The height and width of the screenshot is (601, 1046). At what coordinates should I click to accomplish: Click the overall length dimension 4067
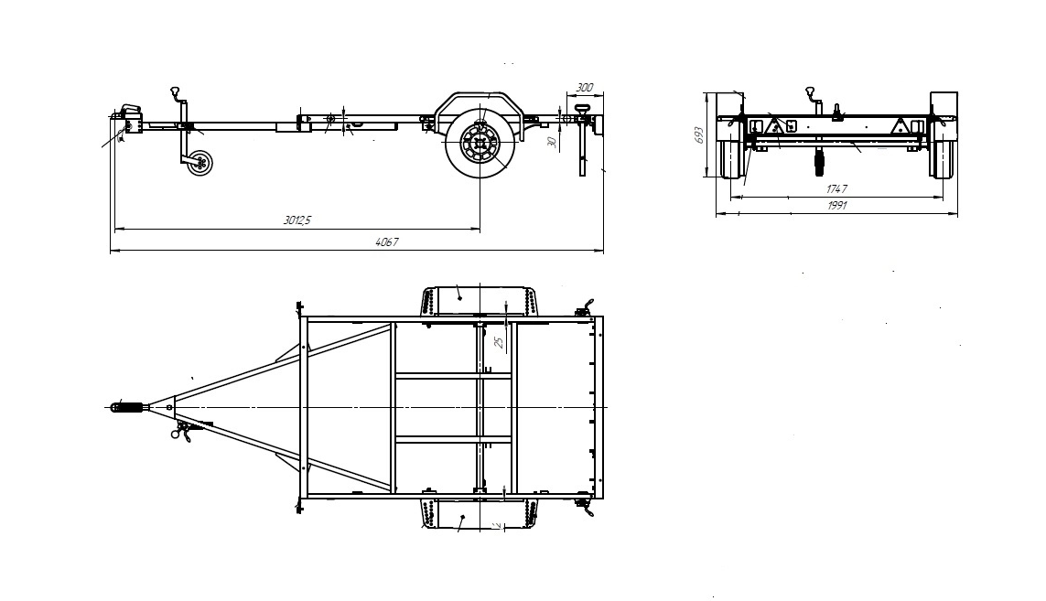point(387,242)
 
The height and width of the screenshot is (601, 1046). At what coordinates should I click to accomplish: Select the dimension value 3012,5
point(297,220)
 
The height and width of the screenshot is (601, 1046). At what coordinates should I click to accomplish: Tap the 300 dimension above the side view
point(584,88)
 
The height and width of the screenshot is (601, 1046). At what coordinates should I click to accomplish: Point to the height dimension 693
point(698,134)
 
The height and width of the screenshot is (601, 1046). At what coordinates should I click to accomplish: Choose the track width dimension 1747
point(836,189)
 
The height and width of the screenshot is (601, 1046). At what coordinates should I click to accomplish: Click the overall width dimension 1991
point(836,206)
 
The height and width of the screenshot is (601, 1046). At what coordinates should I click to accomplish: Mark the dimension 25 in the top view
point(499,342)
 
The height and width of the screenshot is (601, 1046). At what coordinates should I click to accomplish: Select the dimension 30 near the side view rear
point(551,142)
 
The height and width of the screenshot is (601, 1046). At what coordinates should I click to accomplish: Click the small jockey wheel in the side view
point(199,163)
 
